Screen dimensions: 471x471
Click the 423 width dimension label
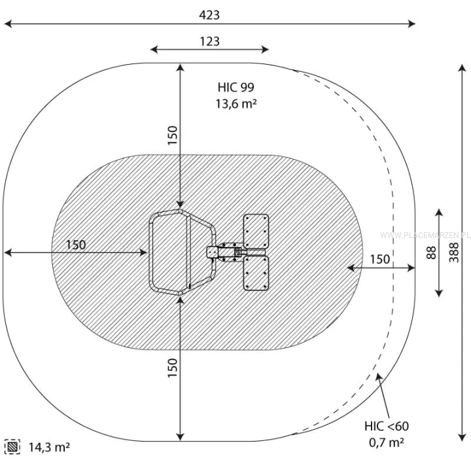(x=209, y=14)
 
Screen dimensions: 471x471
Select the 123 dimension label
(x=210, y=41)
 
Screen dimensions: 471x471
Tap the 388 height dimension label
(x=454, y=253)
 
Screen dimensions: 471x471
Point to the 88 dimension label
(x=431, y=253)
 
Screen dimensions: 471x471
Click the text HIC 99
(x=235, y=87)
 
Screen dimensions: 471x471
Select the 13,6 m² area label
(x=236, y=103)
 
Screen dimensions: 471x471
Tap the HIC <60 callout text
(x=387, y=426)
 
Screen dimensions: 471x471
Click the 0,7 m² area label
(x=387, y=442)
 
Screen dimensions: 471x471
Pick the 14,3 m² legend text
(x=49, y=447)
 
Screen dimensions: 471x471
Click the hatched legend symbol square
(x=12, y=447)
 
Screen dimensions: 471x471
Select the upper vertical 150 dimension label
(x=173, y=135)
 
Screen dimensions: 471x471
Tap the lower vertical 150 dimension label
(x=173, y=368)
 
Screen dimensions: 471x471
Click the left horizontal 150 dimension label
(x=76, y=245)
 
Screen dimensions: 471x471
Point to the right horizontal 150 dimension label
(x=379, y=259)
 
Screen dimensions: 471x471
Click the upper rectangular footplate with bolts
(x=256, y=232)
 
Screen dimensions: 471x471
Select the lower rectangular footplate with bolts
(x=256, y=273)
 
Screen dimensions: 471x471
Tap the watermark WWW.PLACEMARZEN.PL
(x=425, y=235)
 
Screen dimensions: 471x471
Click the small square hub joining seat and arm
(x=213, y=252)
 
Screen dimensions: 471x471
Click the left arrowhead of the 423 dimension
(x=8, y=24)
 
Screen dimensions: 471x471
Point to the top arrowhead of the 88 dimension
(x=439, y=213)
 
